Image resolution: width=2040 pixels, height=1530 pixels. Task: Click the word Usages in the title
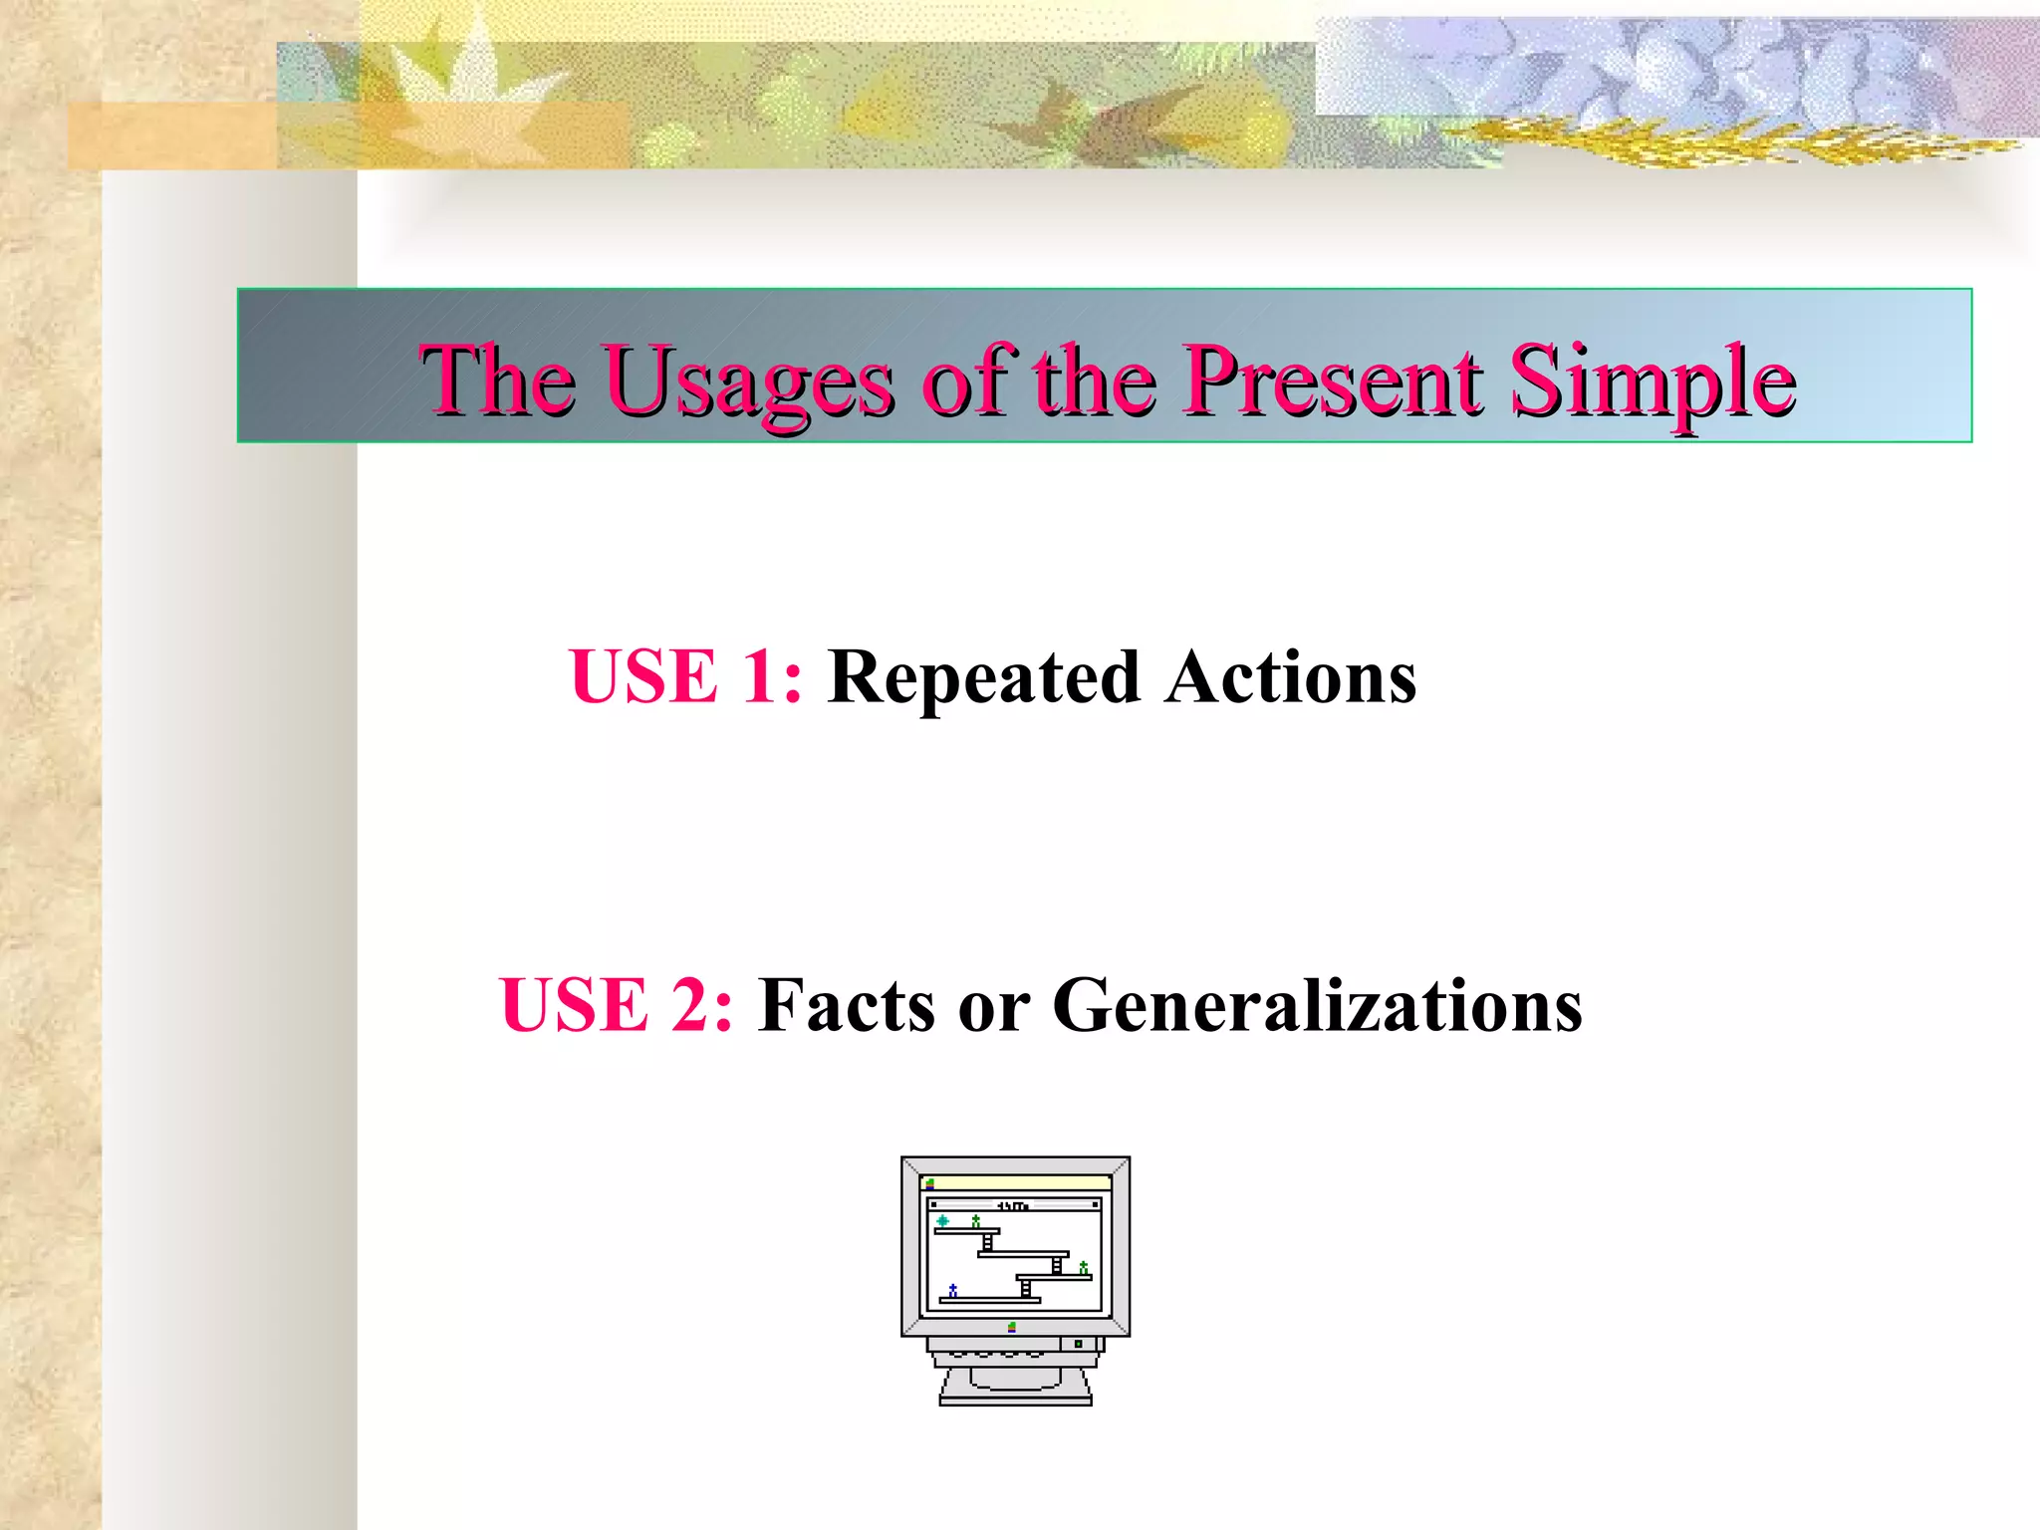pos(749,382)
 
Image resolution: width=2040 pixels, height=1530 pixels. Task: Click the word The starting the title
pos(497,381)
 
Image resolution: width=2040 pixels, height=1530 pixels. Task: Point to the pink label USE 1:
pos(685,677)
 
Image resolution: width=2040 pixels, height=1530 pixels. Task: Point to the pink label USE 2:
pos(616,1005)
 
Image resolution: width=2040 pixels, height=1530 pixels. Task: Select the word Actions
pos(1291,677)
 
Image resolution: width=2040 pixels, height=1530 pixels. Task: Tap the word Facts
pos(847,1005)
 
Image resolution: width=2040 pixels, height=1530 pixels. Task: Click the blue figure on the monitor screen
pos(953,1290)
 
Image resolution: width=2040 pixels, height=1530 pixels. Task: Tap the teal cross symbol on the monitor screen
pos(942,1220)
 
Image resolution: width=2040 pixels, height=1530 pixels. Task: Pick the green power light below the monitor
pos(1078,1344)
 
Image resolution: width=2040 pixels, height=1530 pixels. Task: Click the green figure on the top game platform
pos(975,1220)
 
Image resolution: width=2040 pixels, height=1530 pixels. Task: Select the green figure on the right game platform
pos(1084,1267)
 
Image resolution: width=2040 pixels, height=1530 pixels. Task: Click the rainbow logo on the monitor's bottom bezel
pos(1012,1327)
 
